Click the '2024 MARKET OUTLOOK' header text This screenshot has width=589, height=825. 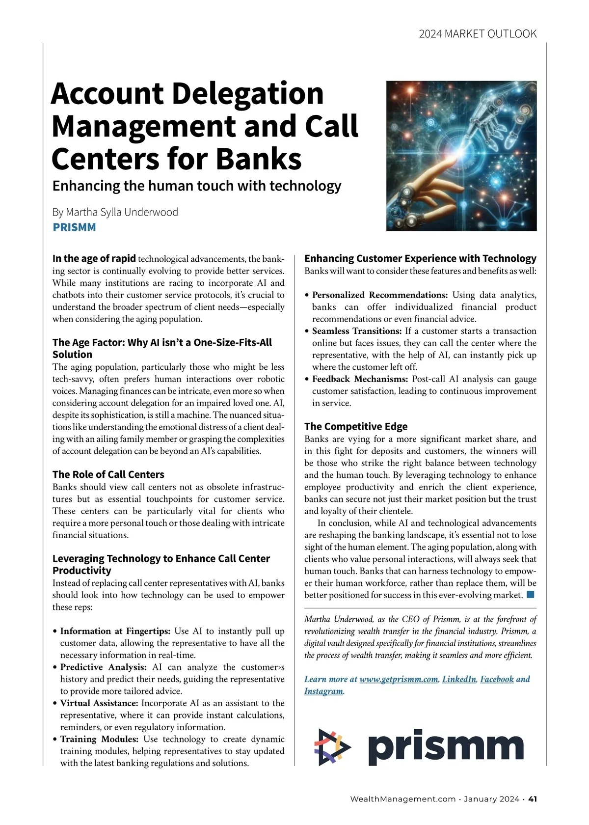point(478,34)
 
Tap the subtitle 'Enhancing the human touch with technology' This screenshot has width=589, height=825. point(197,186)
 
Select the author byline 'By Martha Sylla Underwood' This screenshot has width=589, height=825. point(115,212)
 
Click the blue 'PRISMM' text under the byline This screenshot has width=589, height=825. point(74,227)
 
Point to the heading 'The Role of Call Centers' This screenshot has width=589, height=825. point(108,474)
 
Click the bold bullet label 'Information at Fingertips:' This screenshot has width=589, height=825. point(115,631)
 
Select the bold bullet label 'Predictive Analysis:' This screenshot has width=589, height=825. point(104,667)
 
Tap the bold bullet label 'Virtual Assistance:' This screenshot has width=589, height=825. point(99,703)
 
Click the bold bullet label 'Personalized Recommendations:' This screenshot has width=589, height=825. point(380,295)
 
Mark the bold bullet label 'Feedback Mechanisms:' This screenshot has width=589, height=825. point(360,379)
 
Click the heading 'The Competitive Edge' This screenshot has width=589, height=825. point(356,426)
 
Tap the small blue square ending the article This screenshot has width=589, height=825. point(530,595)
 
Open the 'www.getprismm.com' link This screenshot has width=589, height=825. point(399,679)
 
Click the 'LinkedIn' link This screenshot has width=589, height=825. point(459,679)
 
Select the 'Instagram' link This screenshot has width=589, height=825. point(323,691)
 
